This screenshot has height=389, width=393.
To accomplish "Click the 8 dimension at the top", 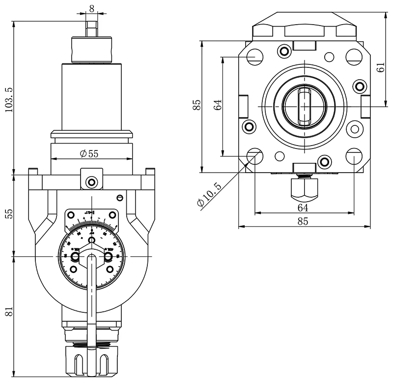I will tap(92, 9).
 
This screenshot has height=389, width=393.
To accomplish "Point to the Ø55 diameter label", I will tap(89, 153).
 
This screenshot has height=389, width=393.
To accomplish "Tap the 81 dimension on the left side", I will tap(8, 311).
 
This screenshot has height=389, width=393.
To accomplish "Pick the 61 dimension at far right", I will tap(381, 64).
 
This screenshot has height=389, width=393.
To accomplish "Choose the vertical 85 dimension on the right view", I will tap(197, 105).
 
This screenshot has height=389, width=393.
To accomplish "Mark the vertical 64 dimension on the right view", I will tap(218, 104).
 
